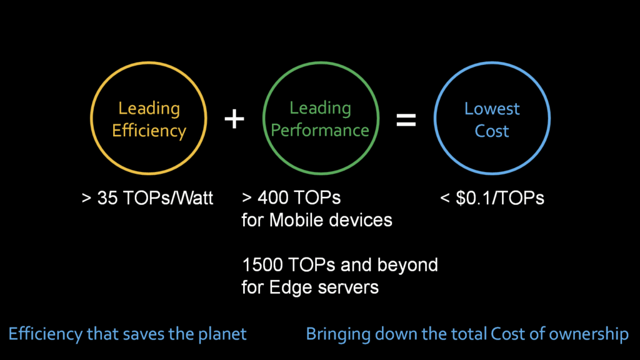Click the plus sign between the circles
point(234,119)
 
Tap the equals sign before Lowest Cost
point(406,119)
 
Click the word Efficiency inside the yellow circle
point(149,131)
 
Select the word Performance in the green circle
point(320,130)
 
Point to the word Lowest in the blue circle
point(492,109)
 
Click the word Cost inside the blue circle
point(492,131)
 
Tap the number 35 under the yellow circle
point(107,198)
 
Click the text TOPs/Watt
point(167,198)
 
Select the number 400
point(272,197)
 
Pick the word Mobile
point(297,220)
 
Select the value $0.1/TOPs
point(499,198)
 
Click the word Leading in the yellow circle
point(149,109)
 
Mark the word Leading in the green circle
point(320,108)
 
